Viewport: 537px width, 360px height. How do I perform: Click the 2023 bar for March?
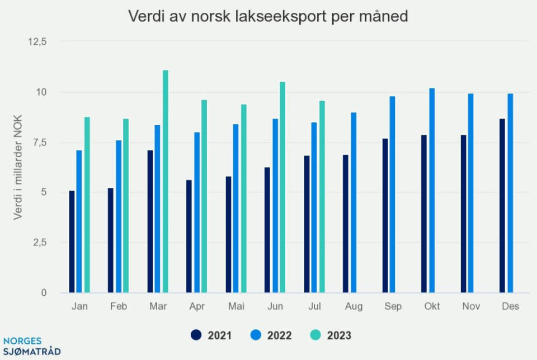pos(166,181)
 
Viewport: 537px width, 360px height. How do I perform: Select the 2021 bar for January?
pos(72,241)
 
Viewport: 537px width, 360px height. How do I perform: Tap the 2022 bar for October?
pos(432,190)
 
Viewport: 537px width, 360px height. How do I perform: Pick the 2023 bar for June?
pos(282,187)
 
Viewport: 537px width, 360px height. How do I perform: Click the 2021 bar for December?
pos(502,205)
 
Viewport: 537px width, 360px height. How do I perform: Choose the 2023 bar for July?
pos(322,196)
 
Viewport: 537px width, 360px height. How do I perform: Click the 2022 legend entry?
pos(271,335)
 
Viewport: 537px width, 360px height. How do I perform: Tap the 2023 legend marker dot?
pos(315,335)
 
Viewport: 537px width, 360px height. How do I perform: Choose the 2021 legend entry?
pos(211,335)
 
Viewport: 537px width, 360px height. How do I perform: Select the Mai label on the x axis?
pos(236,306)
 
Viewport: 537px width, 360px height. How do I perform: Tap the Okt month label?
pos(432,306)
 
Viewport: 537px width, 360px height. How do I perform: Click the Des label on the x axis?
pos(510,306)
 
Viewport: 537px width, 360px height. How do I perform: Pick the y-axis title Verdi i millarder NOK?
pos(18,168)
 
